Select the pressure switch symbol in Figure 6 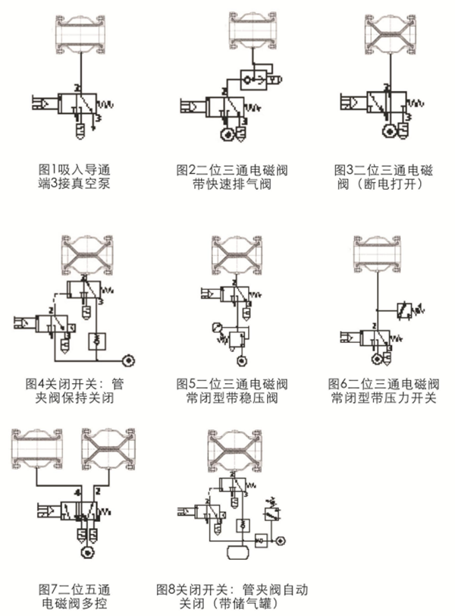click(x=409, y=309)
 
